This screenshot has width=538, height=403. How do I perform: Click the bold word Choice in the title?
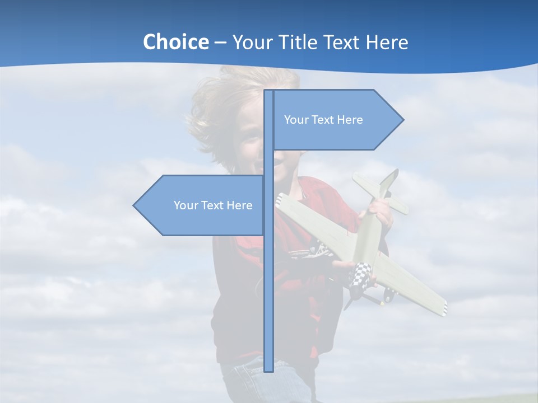[175, 42]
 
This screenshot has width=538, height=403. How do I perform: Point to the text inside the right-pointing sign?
[323, 120]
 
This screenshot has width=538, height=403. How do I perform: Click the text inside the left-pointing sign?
[213, 205]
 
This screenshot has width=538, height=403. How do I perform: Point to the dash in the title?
[220, 43]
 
